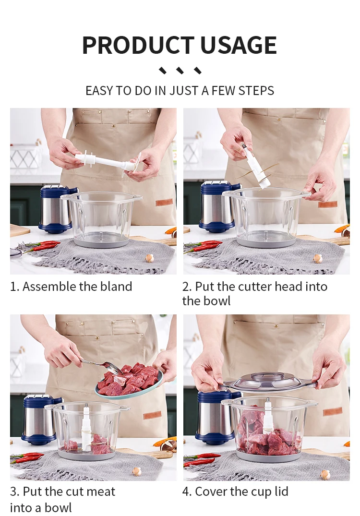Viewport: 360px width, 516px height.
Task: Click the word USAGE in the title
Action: coord(238,45)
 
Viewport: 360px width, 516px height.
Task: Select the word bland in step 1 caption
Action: coord(116,286)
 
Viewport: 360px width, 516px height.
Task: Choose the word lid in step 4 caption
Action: coord(281,492)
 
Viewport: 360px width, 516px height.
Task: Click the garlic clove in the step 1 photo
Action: coord(149,258)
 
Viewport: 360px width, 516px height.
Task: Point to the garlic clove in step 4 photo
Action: coord(325,475)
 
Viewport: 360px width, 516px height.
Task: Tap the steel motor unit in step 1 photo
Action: coord(56,209)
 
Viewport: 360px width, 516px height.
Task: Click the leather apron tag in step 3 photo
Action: coord(152,415)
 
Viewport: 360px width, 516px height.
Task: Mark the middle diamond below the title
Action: coord(180,71)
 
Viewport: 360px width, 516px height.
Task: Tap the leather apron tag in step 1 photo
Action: coord(164,203)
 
